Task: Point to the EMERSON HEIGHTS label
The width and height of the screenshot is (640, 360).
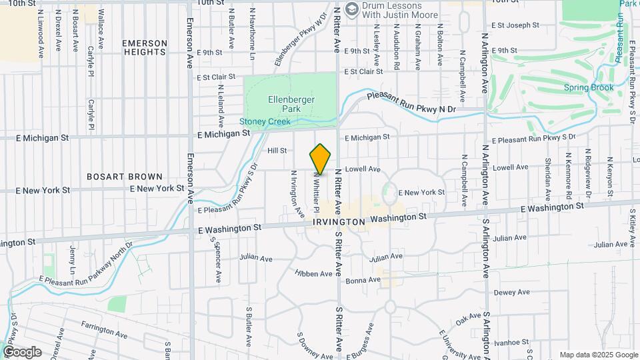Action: [144, 47]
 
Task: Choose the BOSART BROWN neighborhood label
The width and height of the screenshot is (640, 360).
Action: [125, 177]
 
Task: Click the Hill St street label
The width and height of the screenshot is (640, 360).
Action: [277, 151]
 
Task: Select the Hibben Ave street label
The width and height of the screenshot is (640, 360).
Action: [315, 273]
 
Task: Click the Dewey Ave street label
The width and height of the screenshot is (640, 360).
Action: [511, 292]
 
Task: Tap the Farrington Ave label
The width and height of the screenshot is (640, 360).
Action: [104, 329]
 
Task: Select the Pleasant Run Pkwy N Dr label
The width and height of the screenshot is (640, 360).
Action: [411, 105]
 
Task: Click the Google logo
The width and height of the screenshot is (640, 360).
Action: [21, 351]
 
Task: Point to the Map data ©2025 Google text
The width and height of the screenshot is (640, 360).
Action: [598, 355]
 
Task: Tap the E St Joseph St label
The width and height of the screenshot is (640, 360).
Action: [515, 25]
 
